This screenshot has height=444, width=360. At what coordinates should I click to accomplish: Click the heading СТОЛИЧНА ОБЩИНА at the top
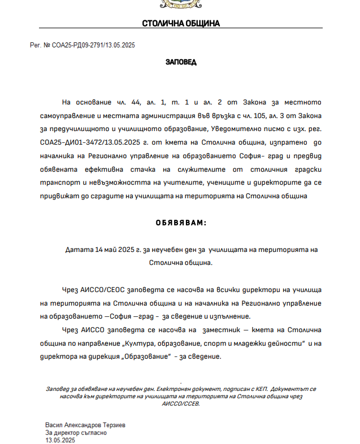(180, 24)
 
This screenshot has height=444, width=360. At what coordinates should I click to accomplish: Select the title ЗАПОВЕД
(181, 62)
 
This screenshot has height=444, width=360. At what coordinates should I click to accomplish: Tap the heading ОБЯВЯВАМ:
(181, 223)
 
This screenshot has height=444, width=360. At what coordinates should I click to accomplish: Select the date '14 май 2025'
(111, 249)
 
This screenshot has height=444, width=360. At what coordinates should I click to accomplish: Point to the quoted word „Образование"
(145, 357)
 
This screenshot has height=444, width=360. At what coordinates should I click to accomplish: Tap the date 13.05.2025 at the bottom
(60, 439)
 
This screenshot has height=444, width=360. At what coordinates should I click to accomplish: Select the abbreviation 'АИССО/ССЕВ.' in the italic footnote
(181, 403)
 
